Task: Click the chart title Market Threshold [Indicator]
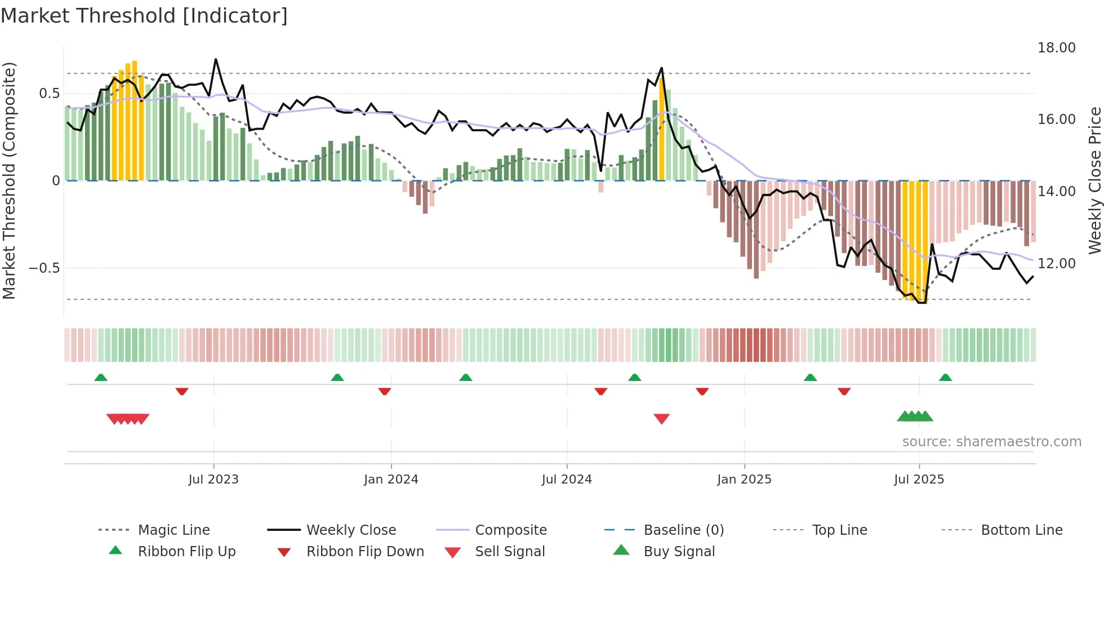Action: pos(144,16)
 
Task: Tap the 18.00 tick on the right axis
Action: pos(1056,48)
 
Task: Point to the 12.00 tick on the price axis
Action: pos(1056,264)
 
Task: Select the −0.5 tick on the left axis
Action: pos(44,268)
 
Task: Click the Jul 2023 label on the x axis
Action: pos(213,480)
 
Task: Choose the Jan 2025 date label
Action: pos(744,480)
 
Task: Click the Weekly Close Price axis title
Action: pos(1094,180)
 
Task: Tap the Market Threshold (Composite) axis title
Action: pos(9,180)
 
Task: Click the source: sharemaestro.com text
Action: pos(991,442)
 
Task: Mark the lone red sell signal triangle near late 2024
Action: pos(661,419)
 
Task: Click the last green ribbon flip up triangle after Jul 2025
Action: pos(945,378)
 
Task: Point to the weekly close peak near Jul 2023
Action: pos(216,60)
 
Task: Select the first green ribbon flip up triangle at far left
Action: pos(101,378)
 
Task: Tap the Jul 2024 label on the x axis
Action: pos(567,480)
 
